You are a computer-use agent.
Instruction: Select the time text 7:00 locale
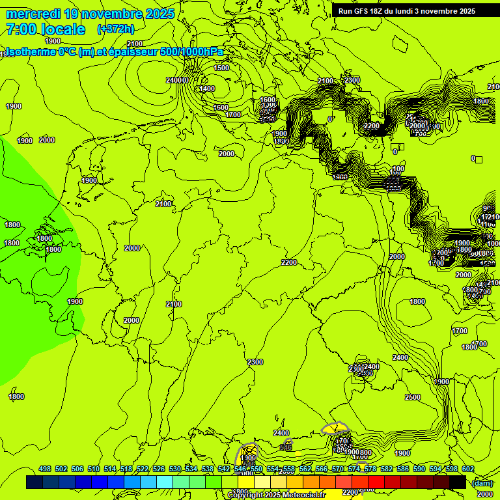(x=45, y=29)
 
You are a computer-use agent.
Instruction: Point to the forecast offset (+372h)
(x=115, y=29)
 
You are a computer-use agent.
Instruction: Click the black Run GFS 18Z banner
(x=407, y=11)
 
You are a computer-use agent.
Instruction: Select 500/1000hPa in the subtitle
(x=196, y=52)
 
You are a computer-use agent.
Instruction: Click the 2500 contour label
(x=413, y=397)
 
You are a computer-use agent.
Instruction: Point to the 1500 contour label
(x=221, y=68)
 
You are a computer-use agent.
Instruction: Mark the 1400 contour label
(x=207, y=89)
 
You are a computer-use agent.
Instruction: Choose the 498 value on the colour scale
(x=45, y=469)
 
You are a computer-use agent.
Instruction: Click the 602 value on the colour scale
(x=467, y=469)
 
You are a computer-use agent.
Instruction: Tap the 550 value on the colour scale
(x=257, y=469)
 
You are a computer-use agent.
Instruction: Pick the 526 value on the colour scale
(x=159, y=469)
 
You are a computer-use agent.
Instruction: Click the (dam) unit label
(x=482, y=482)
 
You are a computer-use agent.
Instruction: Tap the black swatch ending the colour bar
(x=457, y=482)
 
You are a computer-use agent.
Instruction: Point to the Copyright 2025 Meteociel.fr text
(x=276, y=495)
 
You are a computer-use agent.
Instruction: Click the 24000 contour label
(x=177, y=80)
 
